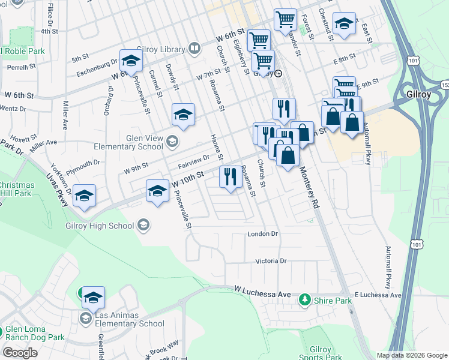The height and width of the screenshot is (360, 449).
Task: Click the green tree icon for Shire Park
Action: tap(306, 299)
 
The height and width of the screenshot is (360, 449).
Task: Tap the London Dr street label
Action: tap(263, 234)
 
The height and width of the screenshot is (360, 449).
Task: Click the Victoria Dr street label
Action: tap(271, 261)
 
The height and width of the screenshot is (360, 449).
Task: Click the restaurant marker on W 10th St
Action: tap(230, 176)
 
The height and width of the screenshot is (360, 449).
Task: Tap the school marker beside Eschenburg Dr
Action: tap(130, 60)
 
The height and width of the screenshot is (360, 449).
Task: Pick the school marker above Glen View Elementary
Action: tap(184, 114)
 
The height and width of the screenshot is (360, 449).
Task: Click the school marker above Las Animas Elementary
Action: tap(93, 298)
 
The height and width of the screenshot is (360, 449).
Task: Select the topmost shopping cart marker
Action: tap(286, 19)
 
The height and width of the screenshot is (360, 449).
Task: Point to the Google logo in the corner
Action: tap(20, 353)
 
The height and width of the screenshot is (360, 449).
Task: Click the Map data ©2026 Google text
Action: tap(411, 355)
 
